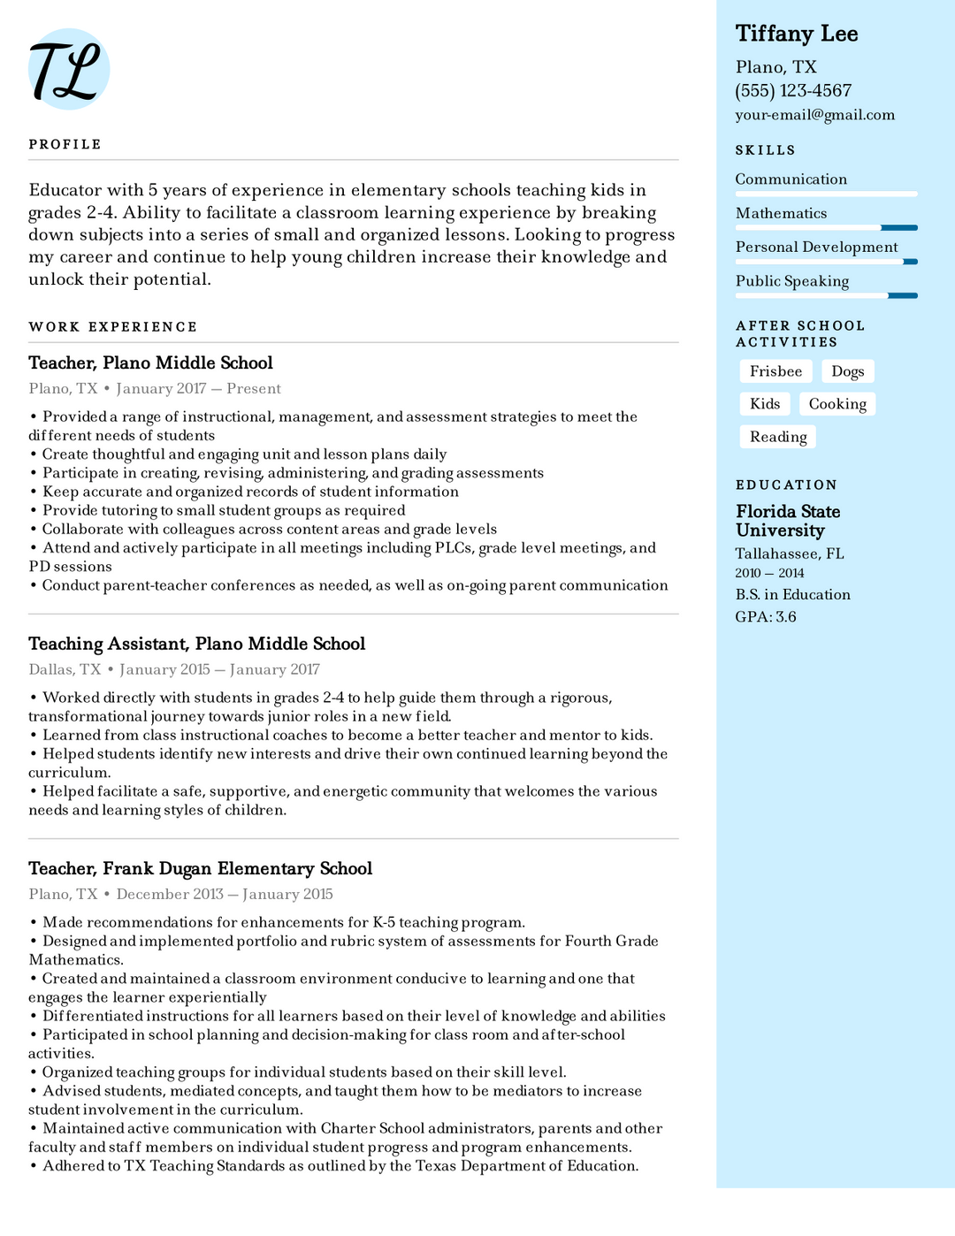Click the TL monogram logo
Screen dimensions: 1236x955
(68, 69)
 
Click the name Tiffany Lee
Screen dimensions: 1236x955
(796, 34)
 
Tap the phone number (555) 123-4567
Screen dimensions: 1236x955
(792, 91)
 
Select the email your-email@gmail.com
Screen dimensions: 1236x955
(814, 115)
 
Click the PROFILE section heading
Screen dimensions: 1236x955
(65, 144)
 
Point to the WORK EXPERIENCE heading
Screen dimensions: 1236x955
(112, 327)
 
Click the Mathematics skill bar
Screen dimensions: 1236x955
(826, 228)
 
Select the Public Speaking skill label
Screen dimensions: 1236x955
(791, 281)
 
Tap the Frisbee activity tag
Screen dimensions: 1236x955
(775, 371)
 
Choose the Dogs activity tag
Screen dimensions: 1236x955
(847, 371)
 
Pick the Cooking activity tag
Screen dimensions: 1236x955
(837, 404)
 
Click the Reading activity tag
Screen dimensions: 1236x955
(777, 437)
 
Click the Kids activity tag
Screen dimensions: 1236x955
(764, 404)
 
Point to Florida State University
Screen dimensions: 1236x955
(787, 521)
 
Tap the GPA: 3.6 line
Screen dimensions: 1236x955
(765, 617)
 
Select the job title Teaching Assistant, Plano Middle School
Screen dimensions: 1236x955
(196, 644)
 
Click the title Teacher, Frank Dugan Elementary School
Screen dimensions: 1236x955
(200, 868)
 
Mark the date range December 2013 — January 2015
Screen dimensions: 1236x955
(225, 894)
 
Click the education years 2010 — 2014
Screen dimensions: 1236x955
(769, 573)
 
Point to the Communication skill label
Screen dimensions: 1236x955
(791, 179)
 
